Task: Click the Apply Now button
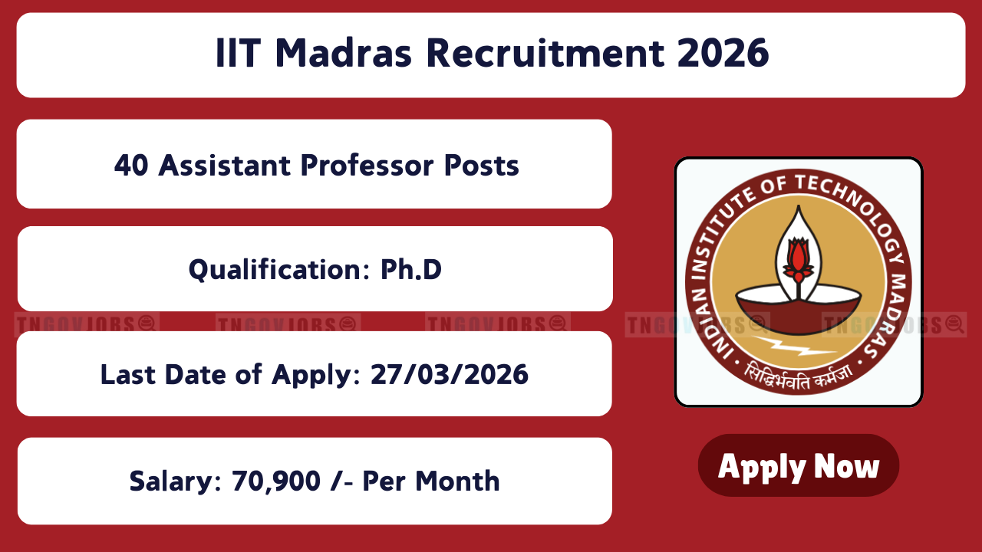799,465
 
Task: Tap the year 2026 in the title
723,53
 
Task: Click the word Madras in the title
344,53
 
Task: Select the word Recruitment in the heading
545,53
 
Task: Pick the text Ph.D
410,269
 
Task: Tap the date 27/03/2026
450,375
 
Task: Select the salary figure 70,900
276,481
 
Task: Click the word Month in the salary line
457,481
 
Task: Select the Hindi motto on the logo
799,376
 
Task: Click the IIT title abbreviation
239,53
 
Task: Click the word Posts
481,166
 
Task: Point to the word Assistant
224,166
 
